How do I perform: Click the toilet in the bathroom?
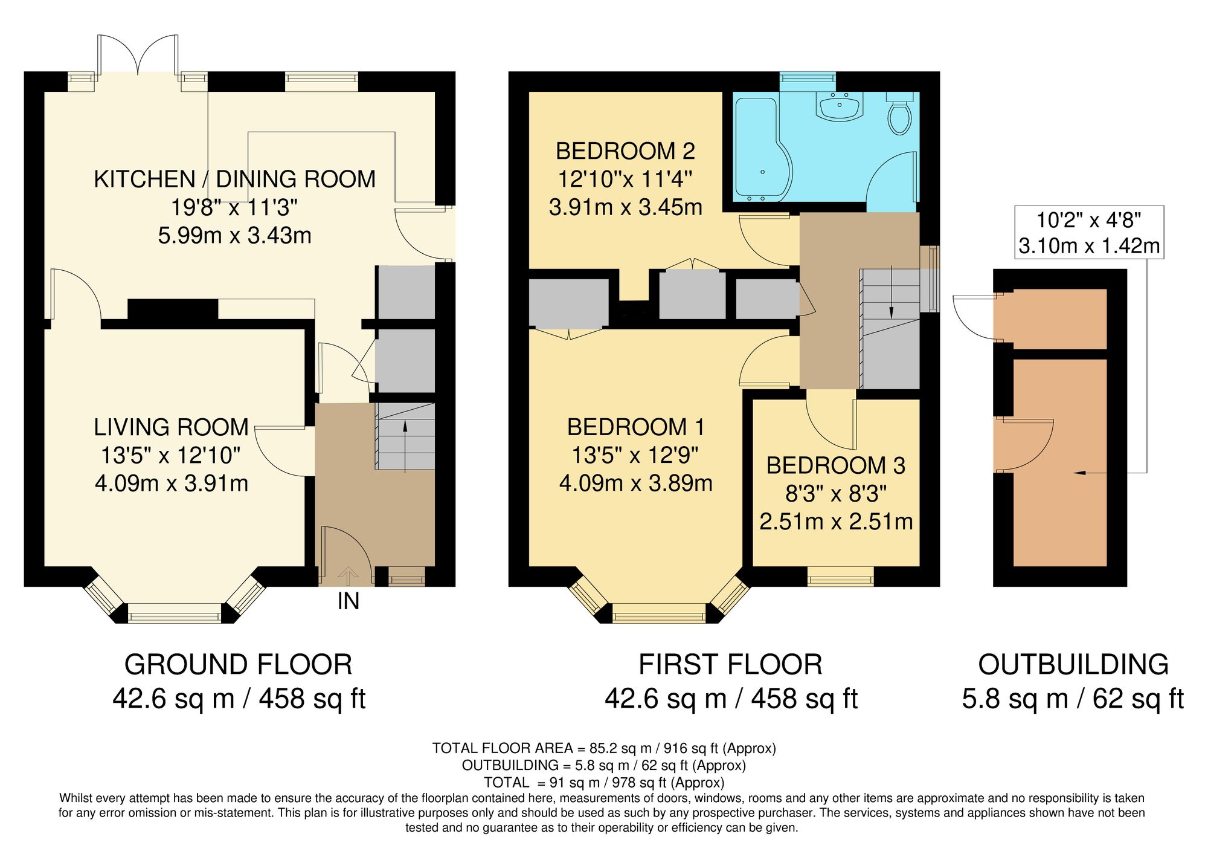899,115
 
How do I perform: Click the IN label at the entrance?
349,601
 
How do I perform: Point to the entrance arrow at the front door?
347,576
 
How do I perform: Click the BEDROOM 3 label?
835,465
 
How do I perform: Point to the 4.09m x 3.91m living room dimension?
172,484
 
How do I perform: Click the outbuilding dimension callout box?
1088,233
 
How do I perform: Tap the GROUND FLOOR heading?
238,665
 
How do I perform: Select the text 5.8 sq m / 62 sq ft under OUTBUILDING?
1072,699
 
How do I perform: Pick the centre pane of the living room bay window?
175,616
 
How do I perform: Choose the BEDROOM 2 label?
625,151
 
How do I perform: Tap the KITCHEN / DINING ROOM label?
234,179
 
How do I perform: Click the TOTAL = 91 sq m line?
603,783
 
